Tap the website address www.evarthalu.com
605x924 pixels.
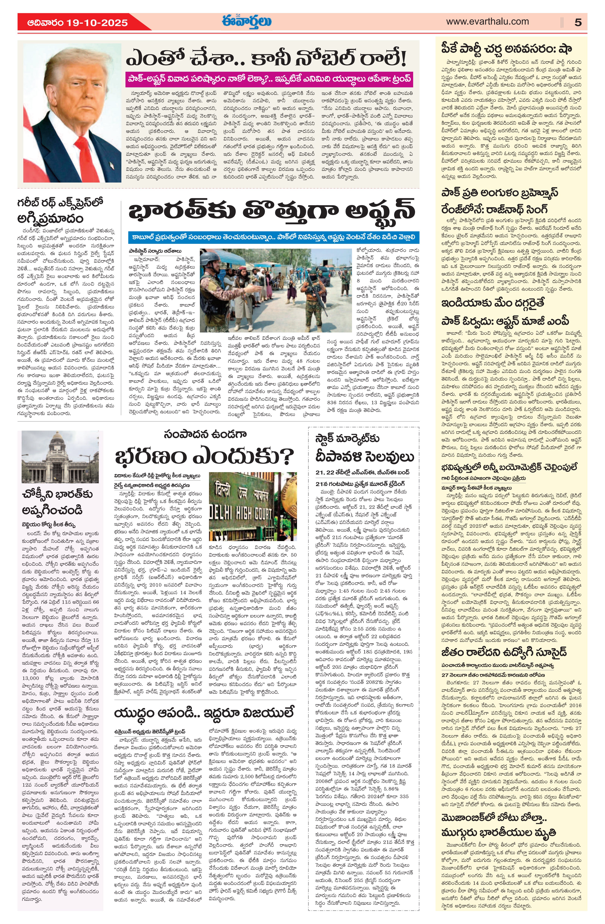click(x=487, y=22)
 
